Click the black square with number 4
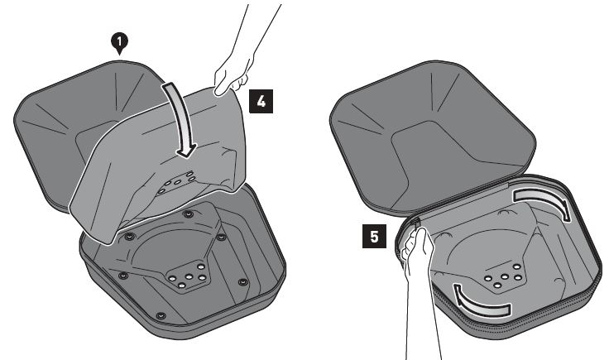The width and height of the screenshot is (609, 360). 261,101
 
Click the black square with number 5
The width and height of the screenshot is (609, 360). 374,236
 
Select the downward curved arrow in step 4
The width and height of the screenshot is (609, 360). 180,118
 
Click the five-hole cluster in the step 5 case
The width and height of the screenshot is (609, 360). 504,276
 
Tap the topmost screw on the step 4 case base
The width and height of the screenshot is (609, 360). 189,214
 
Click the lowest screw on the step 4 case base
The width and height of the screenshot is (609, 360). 161,316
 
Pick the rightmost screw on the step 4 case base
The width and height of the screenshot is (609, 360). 242,281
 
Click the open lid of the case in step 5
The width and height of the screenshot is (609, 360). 431,136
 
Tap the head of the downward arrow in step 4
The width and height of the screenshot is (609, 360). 185,151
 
